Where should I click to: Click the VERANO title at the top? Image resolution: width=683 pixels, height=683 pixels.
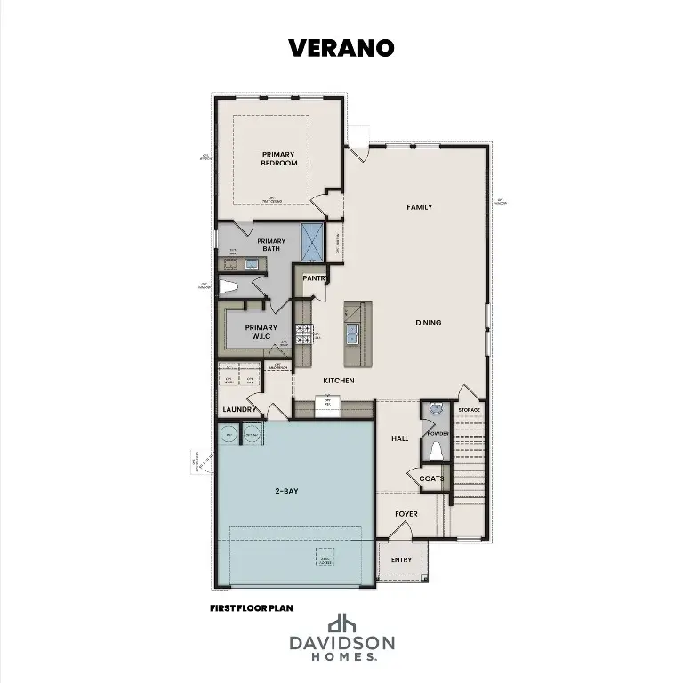pos(341,48)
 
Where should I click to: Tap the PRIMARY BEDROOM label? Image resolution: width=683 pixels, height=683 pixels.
pos(278,158)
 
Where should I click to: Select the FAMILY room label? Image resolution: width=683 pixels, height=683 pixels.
pos(419,207)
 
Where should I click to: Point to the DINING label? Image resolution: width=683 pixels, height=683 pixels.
pos(428,323)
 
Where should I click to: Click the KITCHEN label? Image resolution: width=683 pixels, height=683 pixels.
pos(338,381)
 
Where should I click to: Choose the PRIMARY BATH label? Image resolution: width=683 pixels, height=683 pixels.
pos(271,245)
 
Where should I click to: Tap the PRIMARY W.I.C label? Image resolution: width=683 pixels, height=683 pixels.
pos(261,332)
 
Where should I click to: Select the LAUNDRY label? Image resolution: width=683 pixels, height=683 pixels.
pos(239,410)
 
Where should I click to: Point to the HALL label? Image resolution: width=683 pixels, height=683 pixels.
pos(399,439)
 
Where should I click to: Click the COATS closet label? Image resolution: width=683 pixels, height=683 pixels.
pos(431,478)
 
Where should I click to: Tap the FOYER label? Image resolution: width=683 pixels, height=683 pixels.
pos(406,514)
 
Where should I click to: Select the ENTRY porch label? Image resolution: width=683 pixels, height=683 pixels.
pos(401,559)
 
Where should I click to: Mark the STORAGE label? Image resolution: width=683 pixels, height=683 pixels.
pos(470,410)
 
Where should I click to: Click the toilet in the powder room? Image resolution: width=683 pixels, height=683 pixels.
pos(436,450)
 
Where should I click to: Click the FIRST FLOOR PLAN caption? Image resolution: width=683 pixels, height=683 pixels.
pos(252,608)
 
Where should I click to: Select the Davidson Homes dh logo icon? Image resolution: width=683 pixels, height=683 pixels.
pos(341,623)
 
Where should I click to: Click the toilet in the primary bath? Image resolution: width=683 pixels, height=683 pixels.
pos(229,287)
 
